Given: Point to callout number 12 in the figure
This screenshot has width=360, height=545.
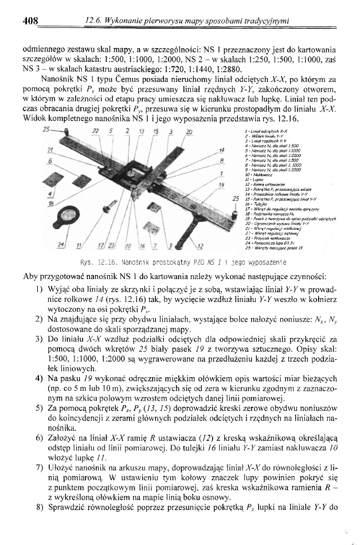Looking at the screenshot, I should click(x=199, y=246).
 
